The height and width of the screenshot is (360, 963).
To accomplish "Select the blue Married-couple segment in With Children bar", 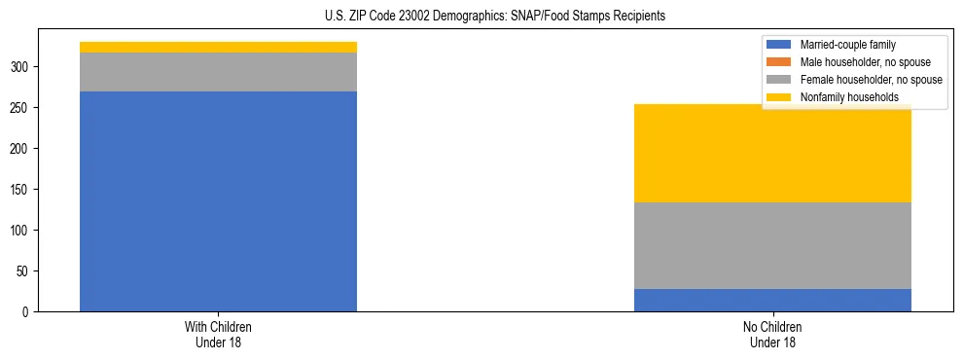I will [218, 201].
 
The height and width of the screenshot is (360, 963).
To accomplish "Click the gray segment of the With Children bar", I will [218, 72].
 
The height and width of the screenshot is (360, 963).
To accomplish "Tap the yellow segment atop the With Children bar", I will [218, 47].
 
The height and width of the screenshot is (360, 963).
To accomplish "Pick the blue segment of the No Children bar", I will [772, 300].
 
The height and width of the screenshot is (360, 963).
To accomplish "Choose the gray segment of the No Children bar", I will [772, 245].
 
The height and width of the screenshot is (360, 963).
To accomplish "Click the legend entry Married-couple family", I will [847, 45].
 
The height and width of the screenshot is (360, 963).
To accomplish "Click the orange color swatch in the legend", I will [779, 62].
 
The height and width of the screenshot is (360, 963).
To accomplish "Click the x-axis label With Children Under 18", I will [218, 335].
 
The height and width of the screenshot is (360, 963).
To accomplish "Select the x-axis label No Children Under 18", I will [772, 335].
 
